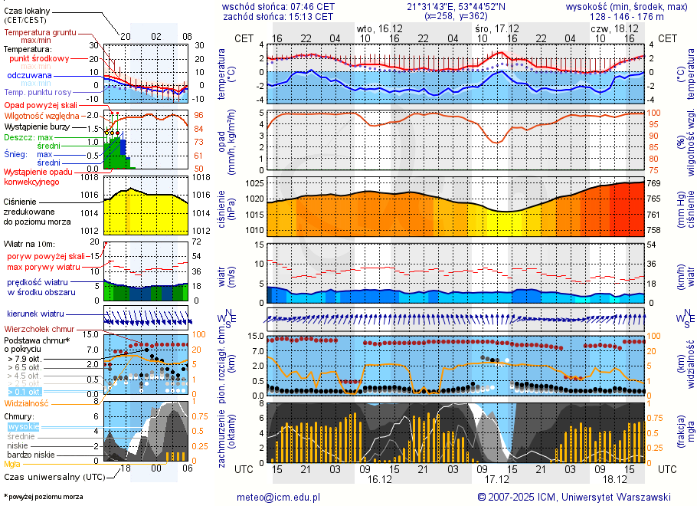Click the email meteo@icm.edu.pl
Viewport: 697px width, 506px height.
tap(278, 497)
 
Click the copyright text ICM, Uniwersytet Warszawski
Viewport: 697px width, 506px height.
tap(606, 497)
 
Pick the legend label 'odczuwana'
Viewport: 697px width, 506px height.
tap(29, 75)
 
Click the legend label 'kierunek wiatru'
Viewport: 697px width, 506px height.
tap(34, 314)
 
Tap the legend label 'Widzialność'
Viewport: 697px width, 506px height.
tap(27, 402)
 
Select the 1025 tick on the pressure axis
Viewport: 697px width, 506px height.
tap(254, 184)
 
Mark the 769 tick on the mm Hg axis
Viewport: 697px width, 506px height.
tap(655, 184)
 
